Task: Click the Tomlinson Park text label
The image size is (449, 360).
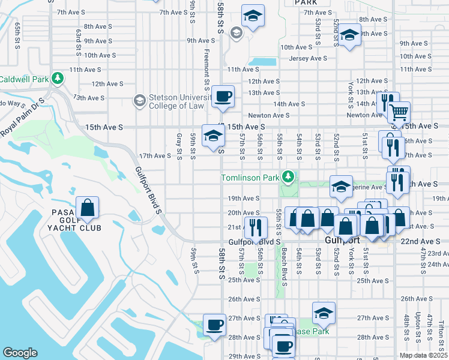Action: click(250, 178)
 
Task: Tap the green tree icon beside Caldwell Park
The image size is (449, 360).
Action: click(58, 79)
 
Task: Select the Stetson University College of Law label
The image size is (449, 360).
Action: click(179, 103)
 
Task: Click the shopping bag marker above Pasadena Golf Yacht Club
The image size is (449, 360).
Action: click(88, 208)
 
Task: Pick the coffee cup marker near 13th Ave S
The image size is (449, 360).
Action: click(223, 96)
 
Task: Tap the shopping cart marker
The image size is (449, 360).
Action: click(399, 112)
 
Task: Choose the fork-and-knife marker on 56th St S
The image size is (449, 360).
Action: click(256, 227)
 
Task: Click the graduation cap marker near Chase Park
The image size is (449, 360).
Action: click(324, 313)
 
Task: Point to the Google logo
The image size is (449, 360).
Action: click(20, 353)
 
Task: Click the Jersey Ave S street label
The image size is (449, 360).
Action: click(307, 58)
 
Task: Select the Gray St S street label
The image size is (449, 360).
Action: click(179, 146)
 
